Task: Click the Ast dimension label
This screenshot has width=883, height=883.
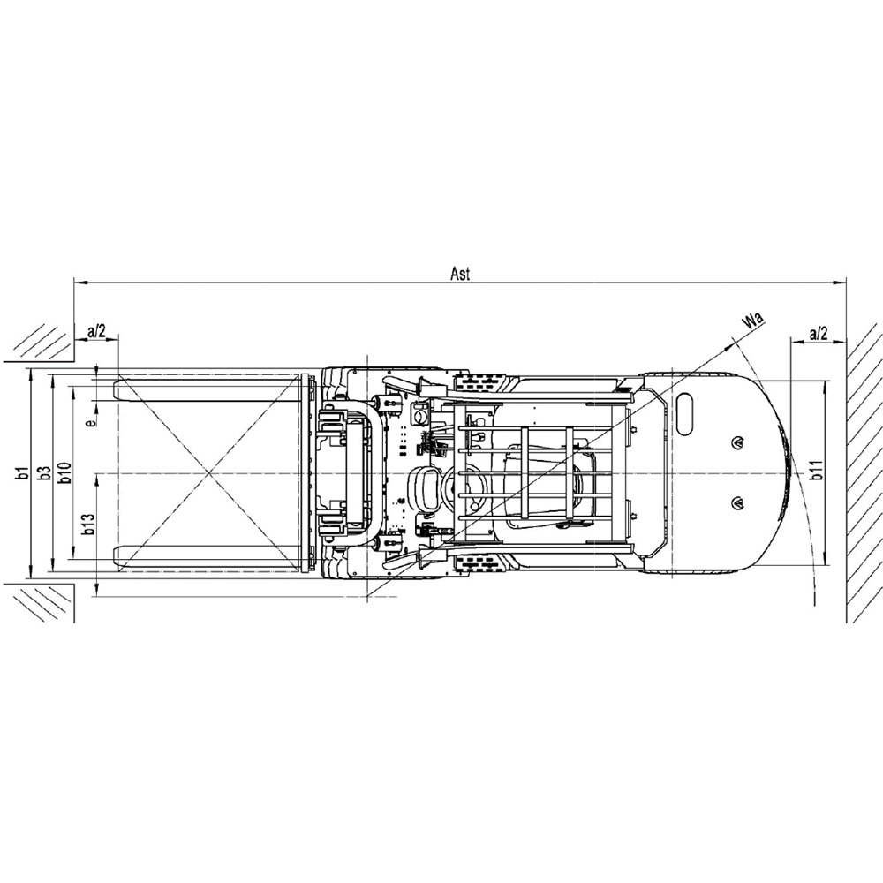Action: [460, 274]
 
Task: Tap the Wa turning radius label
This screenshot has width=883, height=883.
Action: [753, 322]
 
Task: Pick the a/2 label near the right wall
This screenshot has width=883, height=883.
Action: [819, 334]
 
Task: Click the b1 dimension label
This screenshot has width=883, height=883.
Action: [23, 473]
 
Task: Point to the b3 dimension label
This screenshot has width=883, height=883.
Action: [45, 473]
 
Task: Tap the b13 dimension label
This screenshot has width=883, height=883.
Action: [87, 523]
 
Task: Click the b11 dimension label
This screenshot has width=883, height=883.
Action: [816, 471]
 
